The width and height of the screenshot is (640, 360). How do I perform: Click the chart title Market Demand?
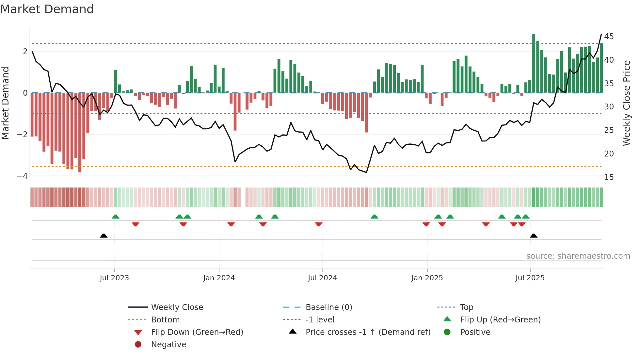point(47,9)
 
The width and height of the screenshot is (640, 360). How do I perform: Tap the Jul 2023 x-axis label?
point(114,278)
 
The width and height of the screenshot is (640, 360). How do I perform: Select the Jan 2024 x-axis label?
point(219,278)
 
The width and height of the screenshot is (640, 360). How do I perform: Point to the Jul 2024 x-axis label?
point(322,278)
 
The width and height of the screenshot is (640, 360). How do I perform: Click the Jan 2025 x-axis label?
point(427,278)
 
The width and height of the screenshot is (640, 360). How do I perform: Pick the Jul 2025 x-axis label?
point(530,278)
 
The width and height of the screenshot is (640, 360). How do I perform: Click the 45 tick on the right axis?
point(609,36)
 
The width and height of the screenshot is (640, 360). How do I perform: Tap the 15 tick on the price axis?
point(609,177)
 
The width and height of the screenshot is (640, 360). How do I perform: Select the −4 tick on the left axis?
point(23,176)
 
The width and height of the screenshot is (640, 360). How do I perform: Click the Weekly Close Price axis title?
point(626,103)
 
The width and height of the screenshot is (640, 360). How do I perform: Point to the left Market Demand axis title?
point(6,103)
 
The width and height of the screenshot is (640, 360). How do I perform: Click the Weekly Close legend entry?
point(177,307)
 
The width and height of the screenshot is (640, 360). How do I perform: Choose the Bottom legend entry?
point(165,319)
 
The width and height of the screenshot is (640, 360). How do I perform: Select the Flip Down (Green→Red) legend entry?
point(197,332)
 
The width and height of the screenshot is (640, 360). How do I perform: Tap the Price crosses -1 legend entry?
point(368,332)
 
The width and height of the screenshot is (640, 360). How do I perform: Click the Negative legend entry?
point(168,344)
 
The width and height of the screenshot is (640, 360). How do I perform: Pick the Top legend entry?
point(467,307)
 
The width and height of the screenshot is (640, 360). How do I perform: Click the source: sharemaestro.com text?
point(578,256)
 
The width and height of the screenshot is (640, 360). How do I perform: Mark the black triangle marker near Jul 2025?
point(534,236)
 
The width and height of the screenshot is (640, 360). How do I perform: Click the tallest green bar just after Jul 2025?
point(534,64)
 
